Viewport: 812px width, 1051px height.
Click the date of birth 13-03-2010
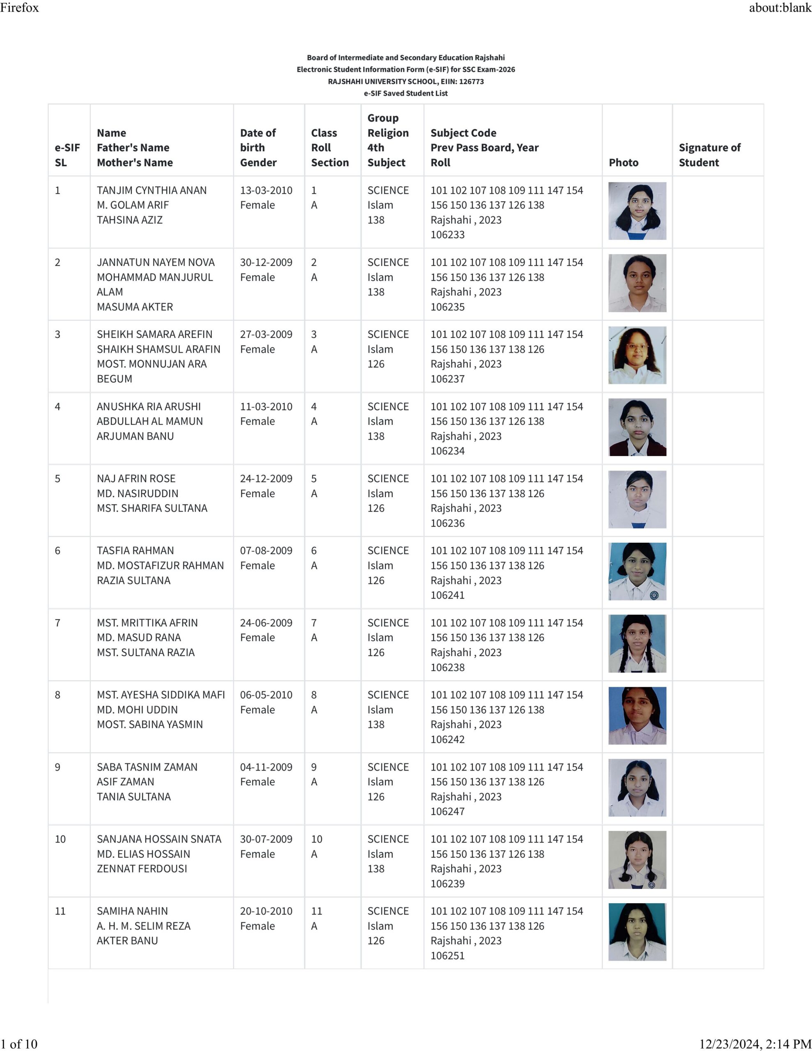266,190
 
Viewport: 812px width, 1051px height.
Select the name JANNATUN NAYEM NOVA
156,262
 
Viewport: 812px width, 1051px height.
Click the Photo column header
623,163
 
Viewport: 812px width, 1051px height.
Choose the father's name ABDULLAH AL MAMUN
150,421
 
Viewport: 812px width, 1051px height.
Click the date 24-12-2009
266,478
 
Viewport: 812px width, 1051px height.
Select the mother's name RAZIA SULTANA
133,581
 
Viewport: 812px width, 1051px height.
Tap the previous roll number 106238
447,667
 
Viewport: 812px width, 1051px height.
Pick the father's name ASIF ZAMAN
125,782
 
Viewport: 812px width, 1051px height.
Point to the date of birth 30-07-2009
266,839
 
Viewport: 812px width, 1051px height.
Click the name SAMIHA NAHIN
132,911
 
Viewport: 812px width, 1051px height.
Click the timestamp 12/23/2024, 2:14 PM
755,1044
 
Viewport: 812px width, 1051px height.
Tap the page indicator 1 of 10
19,1044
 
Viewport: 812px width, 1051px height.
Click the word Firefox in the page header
19,7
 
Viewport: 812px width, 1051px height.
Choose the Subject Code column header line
463,133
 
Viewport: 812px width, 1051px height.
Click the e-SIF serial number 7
58,623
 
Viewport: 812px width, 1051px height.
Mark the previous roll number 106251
447,955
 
